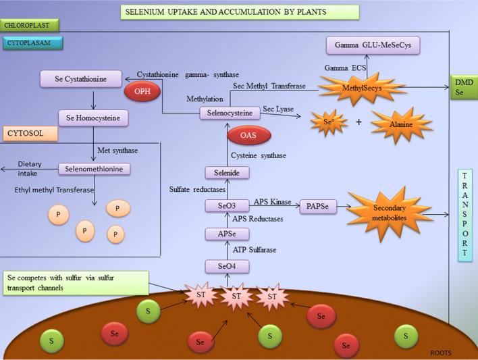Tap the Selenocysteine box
(230, 114)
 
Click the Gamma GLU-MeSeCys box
(373, 46)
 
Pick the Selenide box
(228, 173)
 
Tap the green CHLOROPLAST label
(30, 25)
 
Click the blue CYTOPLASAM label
(33, 43)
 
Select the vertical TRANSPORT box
(465, 214)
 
